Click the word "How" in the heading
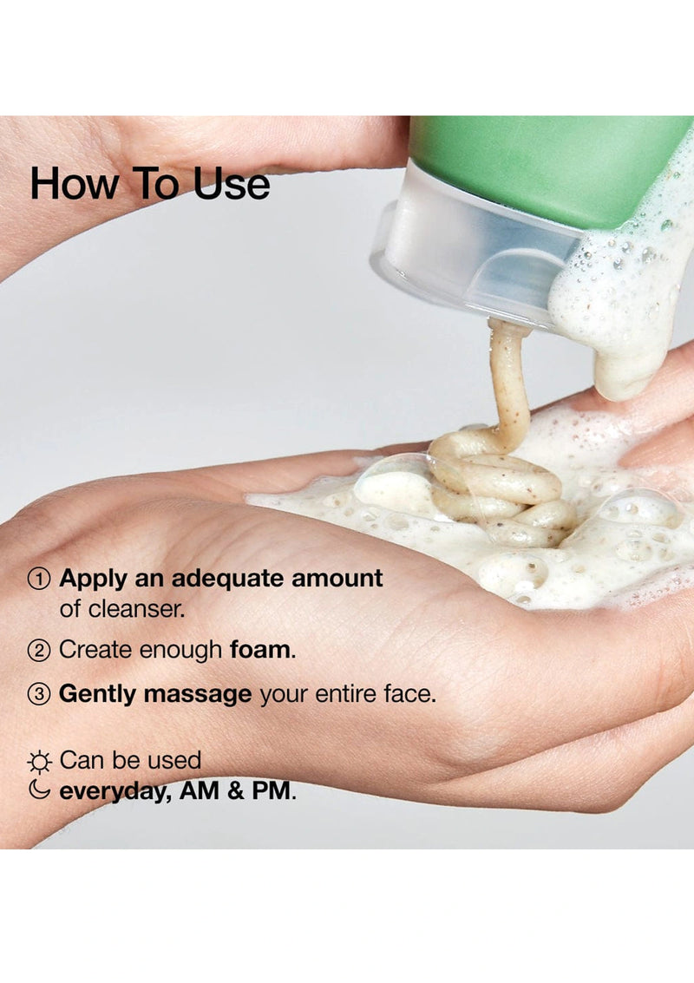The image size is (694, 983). (x=68, y=184)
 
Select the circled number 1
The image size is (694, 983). (x=39, y=579)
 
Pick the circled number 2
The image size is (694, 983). (x=39, y=650)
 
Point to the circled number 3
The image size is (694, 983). (x=39, y=695)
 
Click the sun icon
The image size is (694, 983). (x=39, y=762)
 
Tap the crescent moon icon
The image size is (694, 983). (x=39, y=790)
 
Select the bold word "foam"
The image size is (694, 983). (x=261, y=650)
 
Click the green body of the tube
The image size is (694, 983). (x=538, y=165)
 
